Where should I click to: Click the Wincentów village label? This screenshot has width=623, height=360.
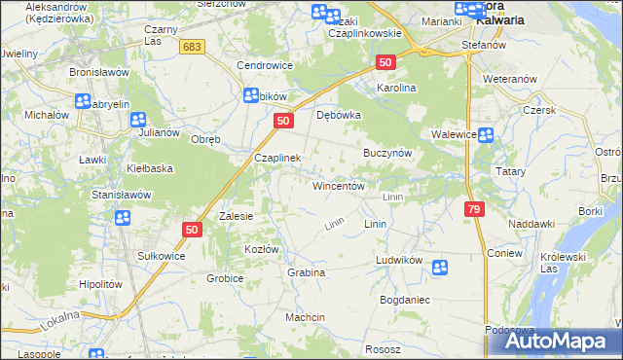[338, 185]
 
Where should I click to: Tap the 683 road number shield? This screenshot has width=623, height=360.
[194, 47]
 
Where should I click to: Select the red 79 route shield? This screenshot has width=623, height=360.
[473, 209]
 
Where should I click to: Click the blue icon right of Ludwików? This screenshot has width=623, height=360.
[440, 267]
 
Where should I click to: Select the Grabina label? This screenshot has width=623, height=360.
[306, 272]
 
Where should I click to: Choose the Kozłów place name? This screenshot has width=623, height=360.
[262, 250]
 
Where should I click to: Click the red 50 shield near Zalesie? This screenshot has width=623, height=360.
[191, 230]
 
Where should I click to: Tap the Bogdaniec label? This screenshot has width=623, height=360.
[405, 300]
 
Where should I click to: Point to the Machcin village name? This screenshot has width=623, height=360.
[305, 317]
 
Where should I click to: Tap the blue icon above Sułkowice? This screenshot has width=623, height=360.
[124, 218]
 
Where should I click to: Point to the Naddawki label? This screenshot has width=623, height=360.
[531, 224]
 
